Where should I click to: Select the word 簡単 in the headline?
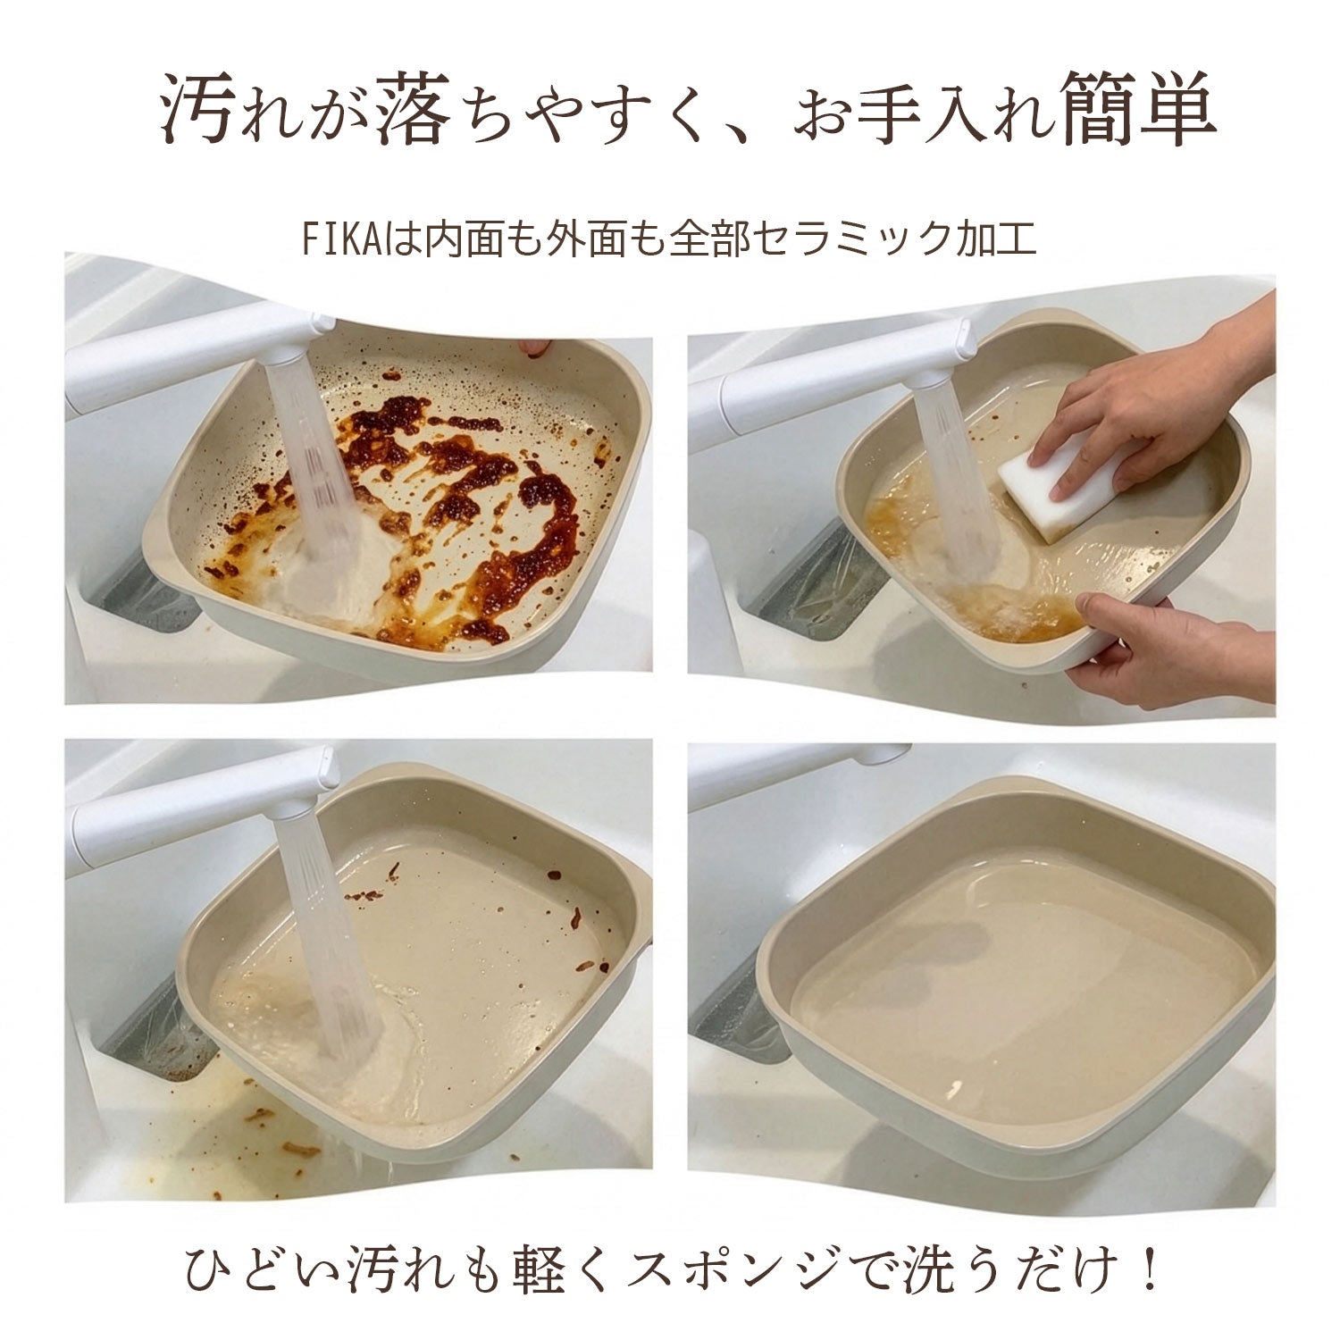(1139, 113)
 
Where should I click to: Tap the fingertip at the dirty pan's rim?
(534, 348)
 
